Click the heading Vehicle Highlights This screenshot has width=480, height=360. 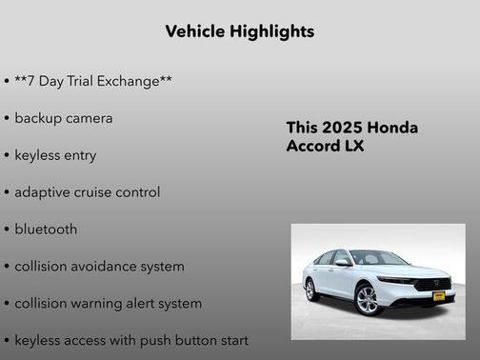pyautogui.click(x=239, y=31)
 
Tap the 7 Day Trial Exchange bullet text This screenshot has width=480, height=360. pyautogui.click(x=93, y=81)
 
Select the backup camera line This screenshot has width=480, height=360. pyautogui.click(x=64, y=118)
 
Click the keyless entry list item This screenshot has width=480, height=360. pyautogui.click(x=55, y=155)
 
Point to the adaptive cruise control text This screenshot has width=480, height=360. pyautogui.click(x=88, y=192)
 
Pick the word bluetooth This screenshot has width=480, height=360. pyautogui.click(x=47, y=230)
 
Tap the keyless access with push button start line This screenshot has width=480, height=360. pyautogui.click(x=131, y=340)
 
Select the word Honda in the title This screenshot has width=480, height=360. pyautogui.click(x=394, y=128)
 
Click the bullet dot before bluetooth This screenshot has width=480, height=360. pyautogui.click(x=8, y=230)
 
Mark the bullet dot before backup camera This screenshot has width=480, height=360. pyautogui.click(x=8, y=119)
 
